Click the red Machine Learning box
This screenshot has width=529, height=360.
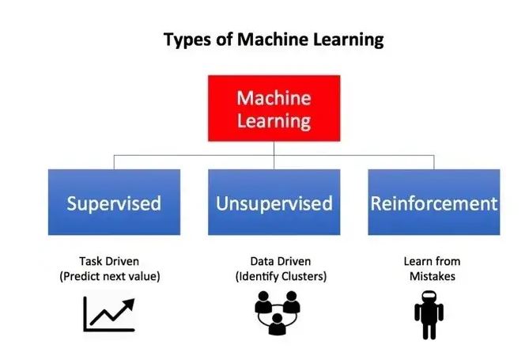coord(274,110)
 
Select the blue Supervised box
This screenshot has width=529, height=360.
coord(114,203)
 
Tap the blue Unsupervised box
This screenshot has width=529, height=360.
coord(274,203)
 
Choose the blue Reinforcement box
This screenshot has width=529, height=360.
coord(433,203)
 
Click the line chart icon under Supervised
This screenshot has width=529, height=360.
coord(109,313)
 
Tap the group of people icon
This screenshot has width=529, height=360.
coord(277,312)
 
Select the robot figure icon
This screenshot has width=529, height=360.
coord(429,315)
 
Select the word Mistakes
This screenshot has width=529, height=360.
coord(432,276)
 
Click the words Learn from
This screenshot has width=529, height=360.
coord(432,261)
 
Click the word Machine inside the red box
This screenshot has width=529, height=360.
coord(274,99)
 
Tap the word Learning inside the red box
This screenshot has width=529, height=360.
coord(274,121)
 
